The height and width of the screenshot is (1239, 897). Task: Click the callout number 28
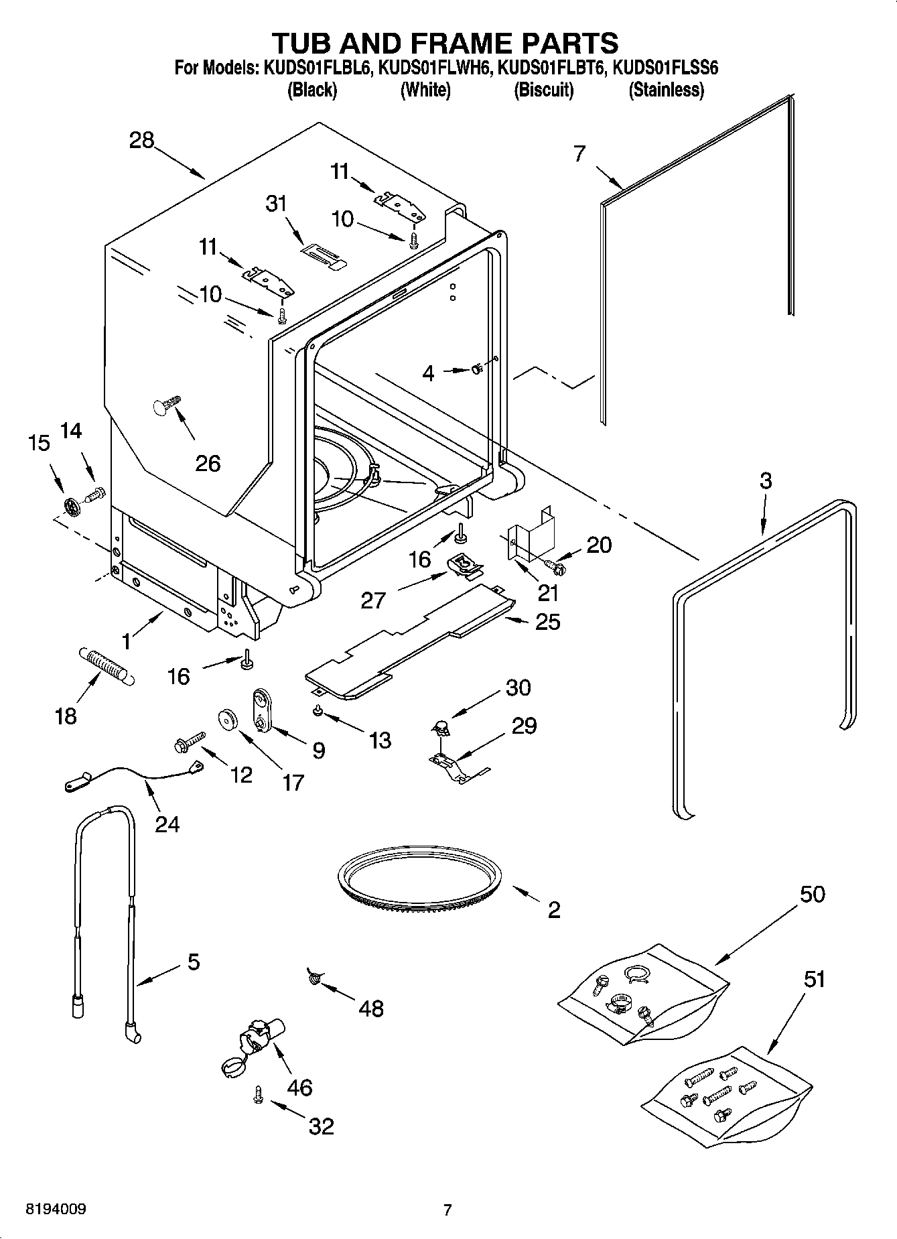click(142, 141)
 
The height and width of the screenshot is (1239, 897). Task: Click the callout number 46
click(299, 1087)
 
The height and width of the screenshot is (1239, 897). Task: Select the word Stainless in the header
click(666, 90)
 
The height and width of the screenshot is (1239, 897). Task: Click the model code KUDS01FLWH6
click(435, 68)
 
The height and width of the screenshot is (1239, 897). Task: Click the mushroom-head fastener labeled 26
click(167, 405)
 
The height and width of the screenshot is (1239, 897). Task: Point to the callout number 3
click(765, 480)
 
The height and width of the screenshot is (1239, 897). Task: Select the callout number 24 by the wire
click(167, 823)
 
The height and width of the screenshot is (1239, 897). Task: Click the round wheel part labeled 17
click(228, 720)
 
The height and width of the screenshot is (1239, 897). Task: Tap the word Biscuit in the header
click(543, 90)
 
